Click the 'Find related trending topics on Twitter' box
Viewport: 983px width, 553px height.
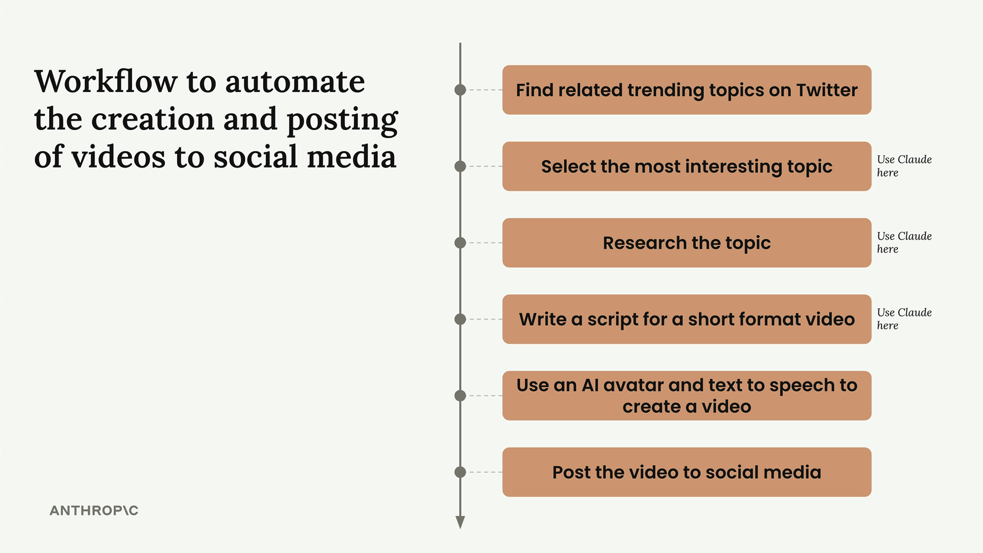pyautogui.click(x=687, y=90)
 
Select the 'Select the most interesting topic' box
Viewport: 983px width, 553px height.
pyautogui.click(x=687, y=166)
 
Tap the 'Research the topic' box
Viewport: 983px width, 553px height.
pyautogui.click(x=687, y=243)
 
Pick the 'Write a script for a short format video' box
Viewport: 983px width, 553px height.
pyautogui.click(x=687, y=319)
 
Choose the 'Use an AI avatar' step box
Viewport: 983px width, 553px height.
pyautogui.click(x=687, y=396)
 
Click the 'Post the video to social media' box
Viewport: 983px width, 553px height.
pyautogui.click(x=687, y=472)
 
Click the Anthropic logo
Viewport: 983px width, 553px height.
pyautogui.click(x=94, y=511)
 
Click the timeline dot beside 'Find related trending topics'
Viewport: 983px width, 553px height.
pyautogui.click(x=460, y=90)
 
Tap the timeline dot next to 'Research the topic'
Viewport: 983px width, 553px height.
pyautogui.click(x=460, y=243)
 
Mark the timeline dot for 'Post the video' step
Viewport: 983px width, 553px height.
pyautogui.click(x=460, y=472)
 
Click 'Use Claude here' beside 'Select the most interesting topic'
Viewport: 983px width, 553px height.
pyautogui.click(x=904, y=166)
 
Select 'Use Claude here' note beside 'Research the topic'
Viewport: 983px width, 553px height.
pyautogui.click(x=904, y=242)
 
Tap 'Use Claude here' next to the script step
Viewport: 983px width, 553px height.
pyautogui.click(x=904, y=318)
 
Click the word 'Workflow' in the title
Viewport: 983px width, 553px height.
pyautogui.click(x=105, y=81)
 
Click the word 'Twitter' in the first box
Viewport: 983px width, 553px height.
pyautogui.click(x=827, y=90)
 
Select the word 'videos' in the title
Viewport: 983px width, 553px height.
pyautogui.click(x=118, y=156)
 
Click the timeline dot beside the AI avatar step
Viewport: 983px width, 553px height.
pyautogui.click(x=460, y=396)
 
